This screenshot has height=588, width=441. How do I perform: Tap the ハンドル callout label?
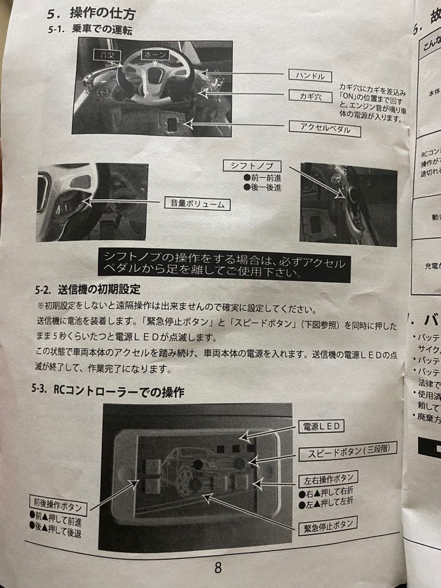tap(310, 76)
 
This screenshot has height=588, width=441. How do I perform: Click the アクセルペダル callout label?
tap(325, 128)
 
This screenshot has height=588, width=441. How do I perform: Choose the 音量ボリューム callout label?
tap(197, 204)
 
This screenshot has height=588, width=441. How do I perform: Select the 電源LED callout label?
tap(322, 426)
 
